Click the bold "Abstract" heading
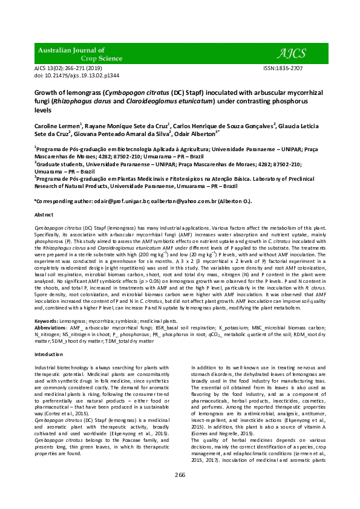[x=44, y=215]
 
